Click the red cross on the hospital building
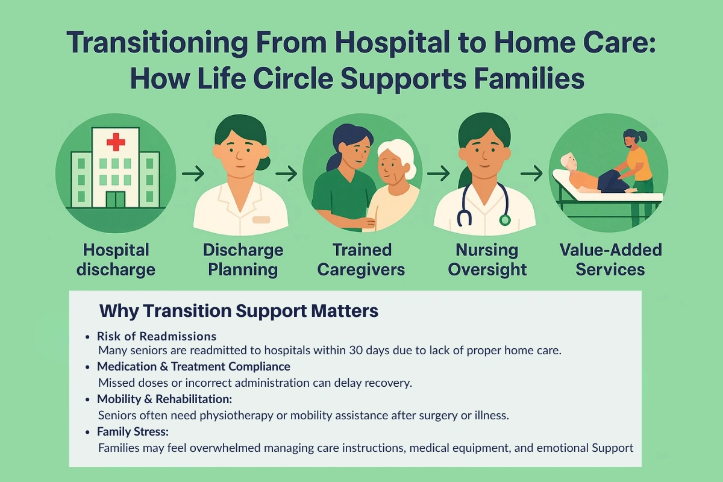point(115,142)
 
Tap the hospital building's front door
point(115,199)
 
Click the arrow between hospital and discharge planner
point(193,174)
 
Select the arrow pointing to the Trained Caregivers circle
point(286,174)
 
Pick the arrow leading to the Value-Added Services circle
point(531,174)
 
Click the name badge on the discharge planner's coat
point(261,220)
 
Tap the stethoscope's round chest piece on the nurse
point(504,220)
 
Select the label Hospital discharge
point(116,259)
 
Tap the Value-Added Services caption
point(610,259)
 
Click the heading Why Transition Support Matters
point(239,311)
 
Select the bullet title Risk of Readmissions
point(157,336)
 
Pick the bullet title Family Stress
point(133,431)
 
